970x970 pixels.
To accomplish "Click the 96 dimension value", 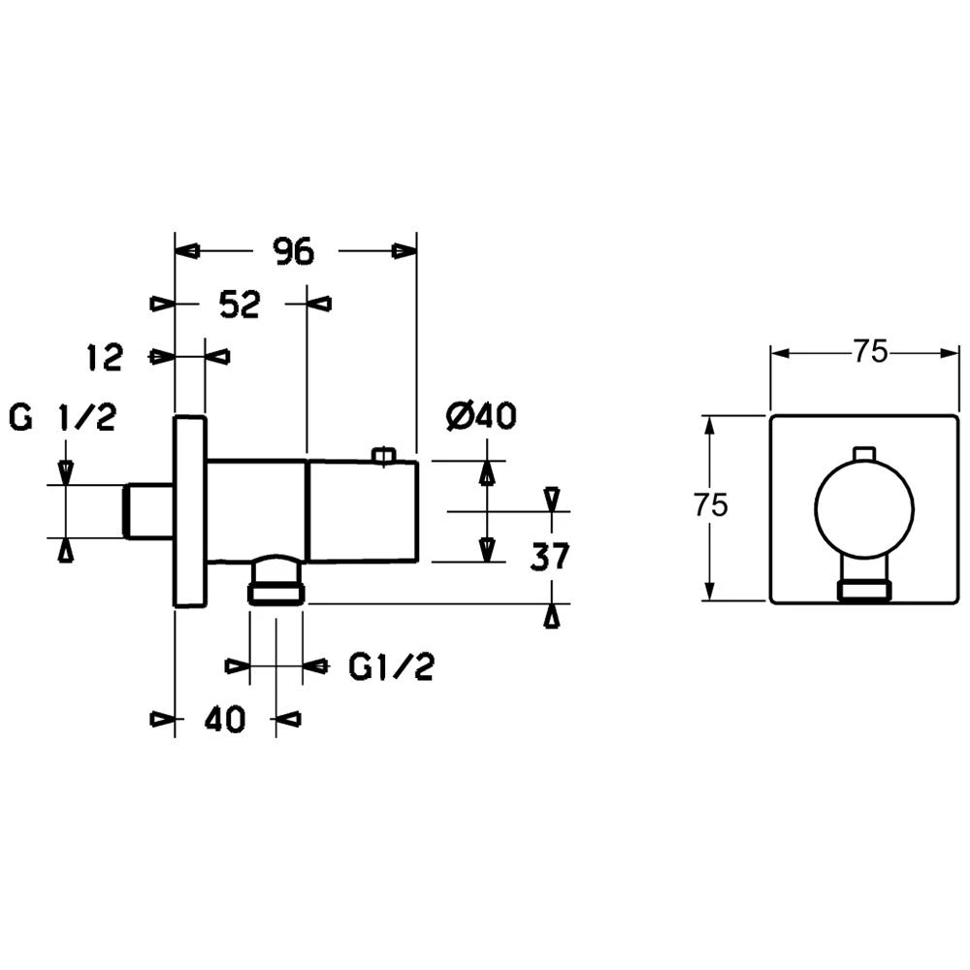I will pos(293,251).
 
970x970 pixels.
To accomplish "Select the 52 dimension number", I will pos(239,305).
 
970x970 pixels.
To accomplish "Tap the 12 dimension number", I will pos(104,357).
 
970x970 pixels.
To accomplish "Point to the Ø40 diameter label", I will pos(480,418).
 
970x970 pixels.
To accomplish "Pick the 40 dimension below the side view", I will pos(225,720).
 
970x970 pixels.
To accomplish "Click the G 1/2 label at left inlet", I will pos(62,418).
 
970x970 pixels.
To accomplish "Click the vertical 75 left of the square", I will pos(710,505).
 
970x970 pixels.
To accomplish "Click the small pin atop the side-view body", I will pos(384,454).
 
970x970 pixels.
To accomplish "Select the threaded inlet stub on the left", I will pos(150,510).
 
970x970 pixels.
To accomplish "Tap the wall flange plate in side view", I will pos(190,511).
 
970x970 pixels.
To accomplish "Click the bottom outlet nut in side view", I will pos(276,591).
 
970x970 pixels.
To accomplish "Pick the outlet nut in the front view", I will pos(864,588).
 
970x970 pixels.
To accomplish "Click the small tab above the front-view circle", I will pos(864,454).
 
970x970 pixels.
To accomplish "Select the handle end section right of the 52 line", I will pos(362,511).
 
